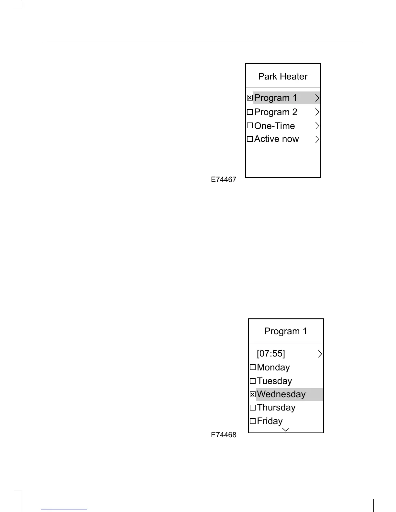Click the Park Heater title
pyautogui.click(x=283, y=77)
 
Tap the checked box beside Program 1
pyautogui.click(x=250, y=98)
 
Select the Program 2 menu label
pyautogui.click(x=276, y=112)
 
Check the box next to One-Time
pyautogui.click(x=250, y=125)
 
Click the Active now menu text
pyautogui.click(x=276, y=139)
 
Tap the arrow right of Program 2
pyautogui.click(x=317, y=112)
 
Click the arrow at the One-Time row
pyautogui.click(x=317, y=126)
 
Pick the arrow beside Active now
pyautogui.click(x=317, y=139)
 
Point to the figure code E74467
pyautogui.click(x=224, y=180)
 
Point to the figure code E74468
pyautogui.click(x=224, y=435)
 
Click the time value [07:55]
pyautogui.click(x=271, y=353)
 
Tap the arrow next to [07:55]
pyautogui.click(x=320, y=354)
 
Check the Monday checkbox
pyautogui.click(x=253, y=367)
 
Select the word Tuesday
pyautogui.click(x=274, y=381)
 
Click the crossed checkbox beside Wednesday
pyautogui.click(x=253, y=394)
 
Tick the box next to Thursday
pyautogui.click(x=253, y=408)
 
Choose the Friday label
pyautogui.click(x=270, y=421)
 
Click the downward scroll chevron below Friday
pyautogui.click(x=286, y=430)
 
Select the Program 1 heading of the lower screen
pyautogui.click(x=286, y=331)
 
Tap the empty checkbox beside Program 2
pyautogui.click(x=250, y=112)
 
